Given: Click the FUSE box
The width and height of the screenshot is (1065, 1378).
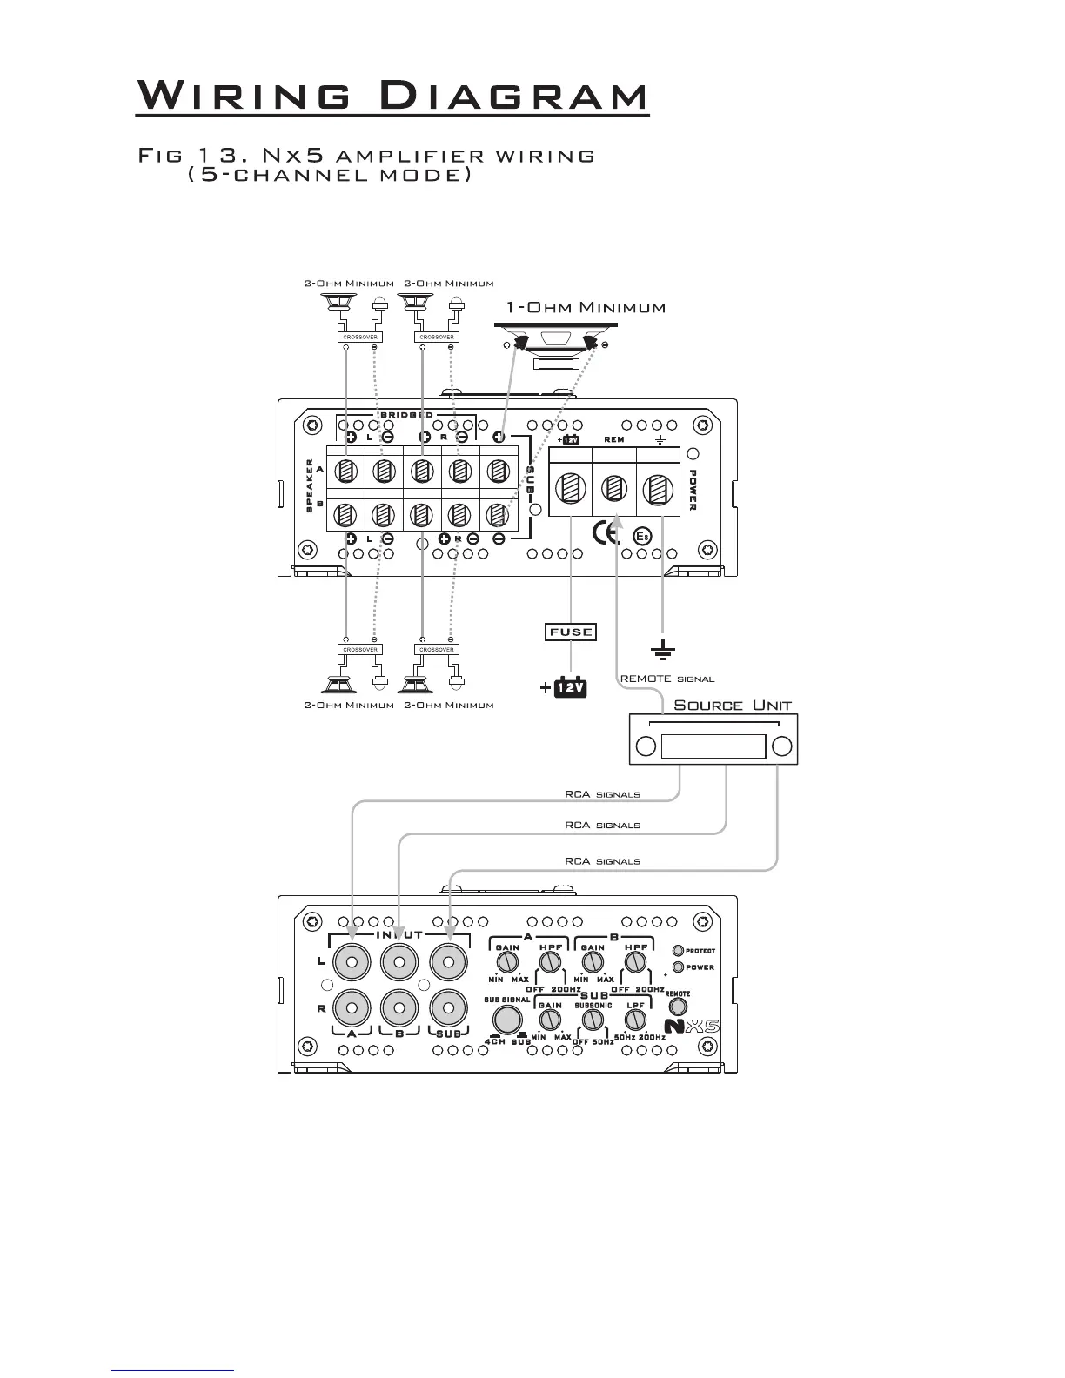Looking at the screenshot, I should [570, 632].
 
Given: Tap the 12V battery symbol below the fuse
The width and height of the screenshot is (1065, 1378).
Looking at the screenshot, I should [570, 688].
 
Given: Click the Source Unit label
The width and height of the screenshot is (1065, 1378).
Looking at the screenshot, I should [733, 706].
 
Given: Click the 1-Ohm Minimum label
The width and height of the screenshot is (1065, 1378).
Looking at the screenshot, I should [586, 308].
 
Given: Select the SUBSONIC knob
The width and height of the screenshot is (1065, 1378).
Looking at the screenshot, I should [593, 1019].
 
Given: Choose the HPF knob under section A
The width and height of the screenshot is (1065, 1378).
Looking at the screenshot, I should [549, 961].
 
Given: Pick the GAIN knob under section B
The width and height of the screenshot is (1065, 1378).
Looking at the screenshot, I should [593, 961].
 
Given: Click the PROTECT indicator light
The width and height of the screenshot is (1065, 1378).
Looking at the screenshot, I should [679, 951].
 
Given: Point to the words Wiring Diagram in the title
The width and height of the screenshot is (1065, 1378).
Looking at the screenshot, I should [392, 95].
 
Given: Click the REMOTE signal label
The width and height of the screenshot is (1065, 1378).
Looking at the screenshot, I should [666, 679].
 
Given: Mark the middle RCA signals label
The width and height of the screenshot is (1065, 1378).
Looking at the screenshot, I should [602, 825].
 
